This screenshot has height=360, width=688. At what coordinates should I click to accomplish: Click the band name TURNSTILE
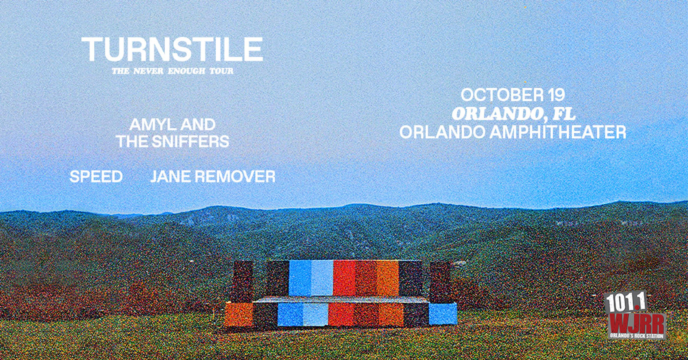(x=172, y=49)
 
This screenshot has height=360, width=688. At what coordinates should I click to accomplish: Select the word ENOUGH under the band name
(x=187, y=71)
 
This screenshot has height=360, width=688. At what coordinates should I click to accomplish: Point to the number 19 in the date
(x=556, y=95)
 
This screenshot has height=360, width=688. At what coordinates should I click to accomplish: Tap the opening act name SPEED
(x=96, y=177)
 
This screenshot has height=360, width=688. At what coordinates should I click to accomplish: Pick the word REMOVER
(x=235, y=177)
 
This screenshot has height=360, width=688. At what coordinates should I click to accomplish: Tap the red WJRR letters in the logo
(x=637, y=323)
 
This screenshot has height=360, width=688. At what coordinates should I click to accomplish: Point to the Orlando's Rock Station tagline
(x=637, y=336)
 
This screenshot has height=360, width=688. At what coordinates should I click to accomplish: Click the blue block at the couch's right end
(x=442, y=314)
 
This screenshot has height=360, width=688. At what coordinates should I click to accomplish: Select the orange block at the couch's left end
(x=239, y=315)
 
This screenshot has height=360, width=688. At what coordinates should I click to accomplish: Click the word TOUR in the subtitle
(x=221, y=71)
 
